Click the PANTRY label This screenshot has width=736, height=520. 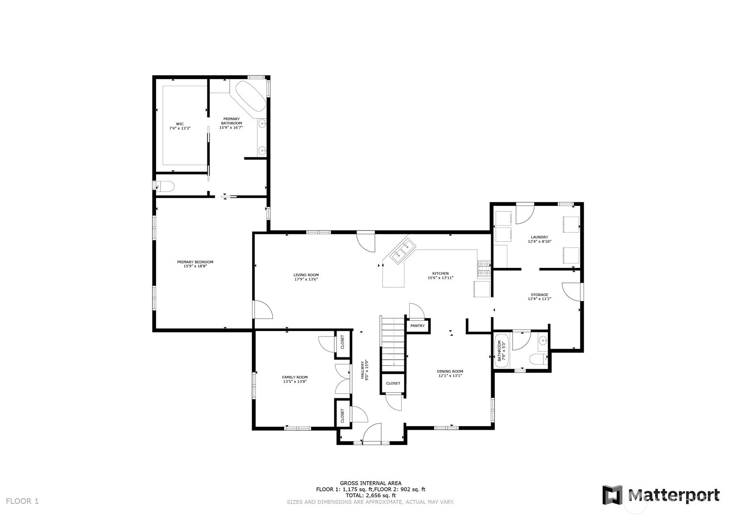tap(417, 326)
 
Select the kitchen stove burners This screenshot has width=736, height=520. tap(484, 268)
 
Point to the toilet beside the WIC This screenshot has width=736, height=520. tap(165, 186)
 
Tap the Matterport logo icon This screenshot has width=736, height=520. tap(612, 495)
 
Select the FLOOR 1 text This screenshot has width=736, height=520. tap(22, 501)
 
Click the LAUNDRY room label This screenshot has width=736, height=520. tap(539, 237)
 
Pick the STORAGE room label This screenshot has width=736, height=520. tap(539, 295)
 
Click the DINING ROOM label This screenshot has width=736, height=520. tap(450, 371)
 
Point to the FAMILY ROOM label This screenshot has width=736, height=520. tap(295, 377)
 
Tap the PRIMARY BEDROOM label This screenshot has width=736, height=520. tap(195, 262)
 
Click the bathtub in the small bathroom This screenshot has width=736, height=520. tap(501, 351)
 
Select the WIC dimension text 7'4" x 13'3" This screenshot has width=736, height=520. tap(180, 129)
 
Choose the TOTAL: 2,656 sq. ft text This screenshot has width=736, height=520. tap(370, 495)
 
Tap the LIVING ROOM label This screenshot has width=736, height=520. tap(306, 275)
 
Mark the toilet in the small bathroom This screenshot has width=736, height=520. tap(538, 359)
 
